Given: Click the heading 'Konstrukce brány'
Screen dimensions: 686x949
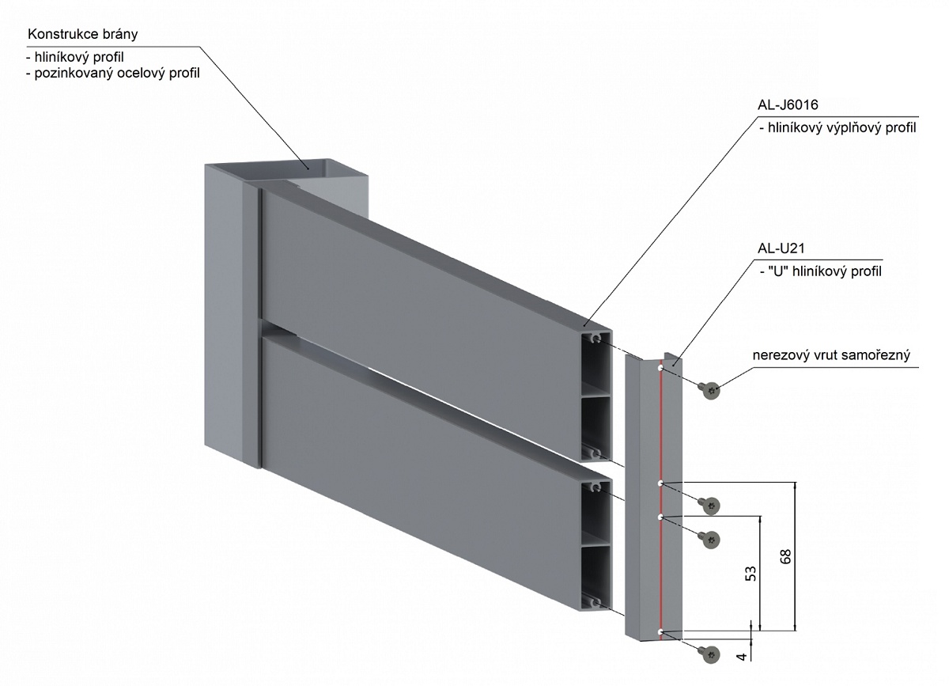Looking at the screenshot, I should (83, 35).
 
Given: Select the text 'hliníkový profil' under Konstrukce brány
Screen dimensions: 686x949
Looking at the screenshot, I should (85, 58).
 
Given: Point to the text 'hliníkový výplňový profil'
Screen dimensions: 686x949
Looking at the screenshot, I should (837, 128).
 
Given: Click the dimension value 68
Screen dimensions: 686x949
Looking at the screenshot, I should (785, 555).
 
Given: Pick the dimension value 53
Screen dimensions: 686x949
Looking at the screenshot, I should (751, 574).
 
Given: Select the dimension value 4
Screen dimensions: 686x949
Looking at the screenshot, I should (741, 656).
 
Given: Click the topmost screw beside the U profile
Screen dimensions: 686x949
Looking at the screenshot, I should (710, 388).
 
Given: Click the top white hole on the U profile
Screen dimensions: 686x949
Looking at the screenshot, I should (660, 368).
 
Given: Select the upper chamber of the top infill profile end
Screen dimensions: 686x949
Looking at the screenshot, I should (598, 365).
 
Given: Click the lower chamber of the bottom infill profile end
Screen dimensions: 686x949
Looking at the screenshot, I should (598, 579).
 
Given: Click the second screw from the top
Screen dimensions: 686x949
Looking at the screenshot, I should (711, 504).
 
